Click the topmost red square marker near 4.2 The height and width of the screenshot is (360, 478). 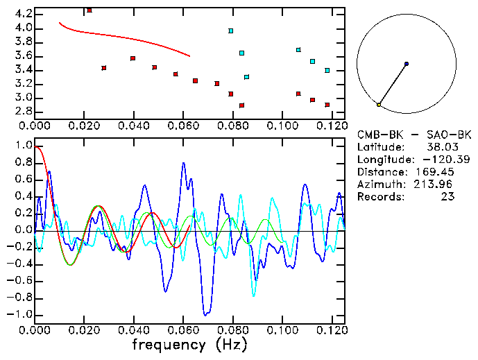coord(89,10)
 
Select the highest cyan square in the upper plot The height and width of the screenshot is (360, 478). coord(231,31)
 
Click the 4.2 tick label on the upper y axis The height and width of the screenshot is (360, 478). coord(22,14)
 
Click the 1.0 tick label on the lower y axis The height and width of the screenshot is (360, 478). coord(24,146)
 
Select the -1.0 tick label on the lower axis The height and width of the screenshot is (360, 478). coord(22,314)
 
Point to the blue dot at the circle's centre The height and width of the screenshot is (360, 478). coord(407,64)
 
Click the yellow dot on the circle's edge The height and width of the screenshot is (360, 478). coord(379,104)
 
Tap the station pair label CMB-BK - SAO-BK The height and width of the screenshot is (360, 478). coord(414,135)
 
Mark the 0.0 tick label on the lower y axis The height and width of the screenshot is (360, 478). coord(24,230)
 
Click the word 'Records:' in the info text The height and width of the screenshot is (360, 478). coord(382,197)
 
